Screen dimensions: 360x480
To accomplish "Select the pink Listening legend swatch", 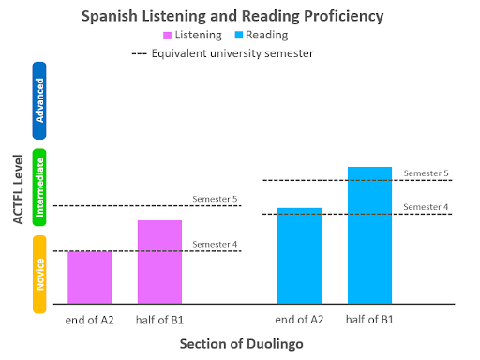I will pyautogui.click(x=168, y=35).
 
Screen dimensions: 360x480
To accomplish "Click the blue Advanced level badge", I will pyautogui.click(x=39, y=101).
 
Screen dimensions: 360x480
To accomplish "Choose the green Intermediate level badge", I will pyautogui.click(x=39, y=187).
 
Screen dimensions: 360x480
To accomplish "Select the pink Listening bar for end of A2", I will pyautogui.click(x=90, y=277).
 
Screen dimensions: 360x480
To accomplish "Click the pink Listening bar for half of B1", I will pyautogui.click(x=159, y=262).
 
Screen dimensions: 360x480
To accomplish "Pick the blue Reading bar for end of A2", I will pyautogui.click(x=299, y=255).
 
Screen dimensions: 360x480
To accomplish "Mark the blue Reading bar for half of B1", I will pyautogui.click(x=369, y=235).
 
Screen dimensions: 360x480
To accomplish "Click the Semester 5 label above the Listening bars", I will pyautogui.click(x=215, y=199).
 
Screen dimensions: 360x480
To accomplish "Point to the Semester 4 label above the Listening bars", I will pyautogui.click(x=215, y=245).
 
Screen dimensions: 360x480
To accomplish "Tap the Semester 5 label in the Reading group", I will pyautogui.click(x=427, y=173).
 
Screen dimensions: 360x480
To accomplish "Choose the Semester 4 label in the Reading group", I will pyautogui.click(x=427, y=207).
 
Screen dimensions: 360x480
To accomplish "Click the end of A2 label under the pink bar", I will pyautogui.click(x=90, y=320).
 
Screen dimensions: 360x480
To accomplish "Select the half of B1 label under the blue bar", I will pyautogui.click(x=369, y=320).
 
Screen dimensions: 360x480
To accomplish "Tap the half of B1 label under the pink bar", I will pyautogui.click(x=159, y=320).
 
